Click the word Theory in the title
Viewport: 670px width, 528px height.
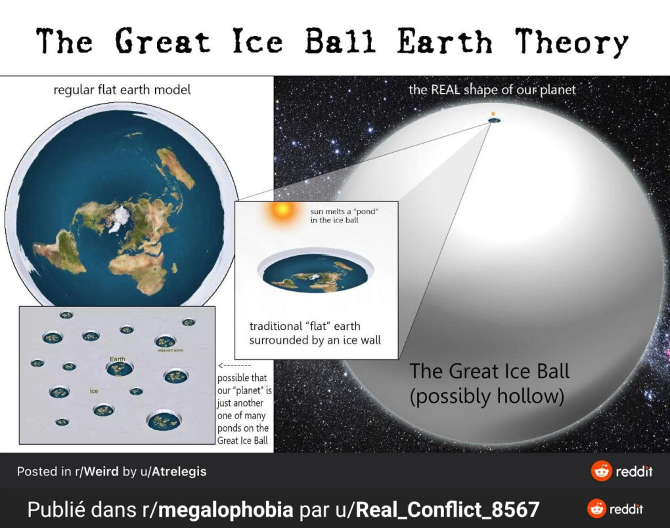tap(571, 42)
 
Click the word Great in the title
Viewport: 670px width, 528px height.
tap(162, 41)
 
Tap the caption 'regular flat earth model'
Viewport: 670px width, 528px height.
tap(122, 90)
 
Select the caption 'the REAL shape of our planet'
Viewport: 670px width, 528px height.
tap(492, 90)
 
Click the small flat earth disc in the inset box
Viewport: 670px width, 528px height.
tap(315, 272)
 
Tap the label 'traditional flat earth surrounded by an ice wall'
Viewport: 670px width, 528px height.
tap(315, 333)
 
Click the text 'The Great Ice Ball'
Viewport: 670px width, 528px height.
tap(489, 371)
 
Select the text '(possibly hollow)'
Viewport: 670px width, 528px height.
tap(487, 396)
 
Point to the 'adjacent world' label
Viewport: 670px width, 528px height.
tap(171, 350)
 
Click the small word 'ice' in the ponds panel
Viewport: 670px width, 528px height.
tap(94, 391)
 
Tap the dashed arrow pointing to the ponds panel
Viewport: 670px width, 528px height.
tap(234, 366)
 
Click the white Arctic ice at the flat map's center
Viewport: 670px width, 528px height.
tap(118, 219)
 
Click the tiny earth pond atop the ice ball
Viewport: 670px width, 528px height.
tap(495, 121)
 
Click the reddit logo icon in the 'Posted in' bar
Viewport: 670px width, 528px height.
tap(601, 471)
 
